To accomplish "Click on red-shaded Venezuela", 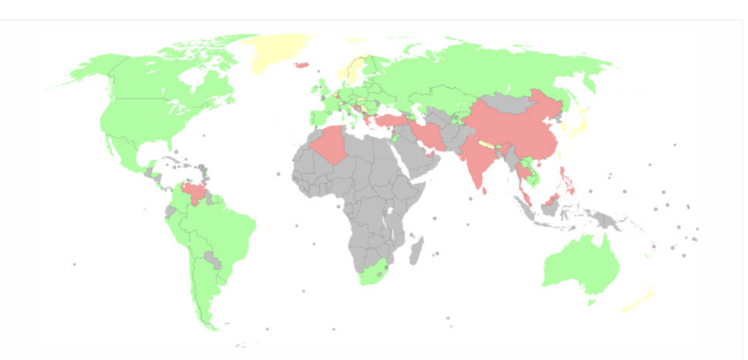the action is [195, 192].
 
